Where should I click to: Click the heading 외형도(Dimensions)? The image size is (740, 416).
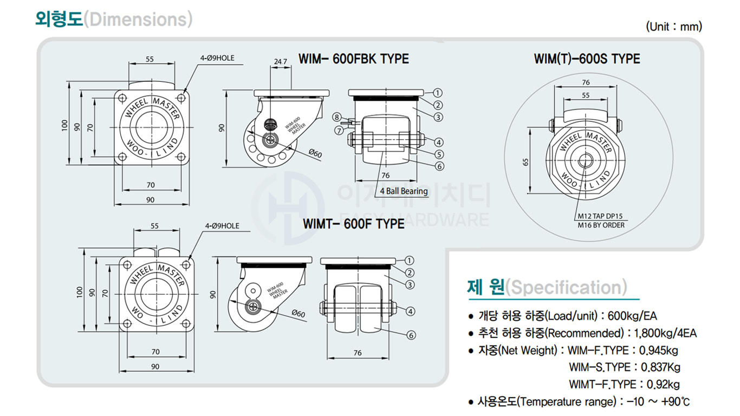click(x=113, y=19)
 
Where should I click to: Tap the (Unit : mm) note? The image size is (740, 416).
click(x=673, y=27)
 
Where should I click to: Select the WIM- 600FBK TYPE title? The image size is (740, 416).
click(x=354, y=58)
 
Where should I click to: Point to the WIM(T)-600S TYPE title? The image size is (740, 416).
click(x=587, y=58)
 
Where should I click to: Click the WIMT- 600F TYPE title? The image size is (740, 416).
click(x=353, y=223)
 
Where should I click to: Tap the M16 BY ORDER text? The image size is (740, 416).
click(x=601, y=225)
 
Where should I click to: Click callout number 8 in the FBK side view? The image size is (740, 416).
click(x=336, y=117)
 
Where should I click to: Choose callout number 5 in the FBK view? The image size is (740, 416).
click(x=439, y=154)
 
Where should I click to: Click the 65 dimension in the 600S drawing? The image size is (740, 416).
click(x=526, y=161)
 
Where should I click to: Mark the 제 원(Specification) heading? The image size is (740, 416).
click(x=547, y=287)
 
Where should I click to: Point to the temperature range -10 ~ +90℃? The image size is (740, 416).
click(x=658, y=401)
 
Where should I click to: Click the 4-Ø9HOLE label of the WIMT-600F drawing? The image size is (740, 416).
click(x=222, y=226)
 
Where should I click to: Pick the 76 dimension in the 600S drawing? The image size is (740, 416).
click(x=586, y=82)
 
